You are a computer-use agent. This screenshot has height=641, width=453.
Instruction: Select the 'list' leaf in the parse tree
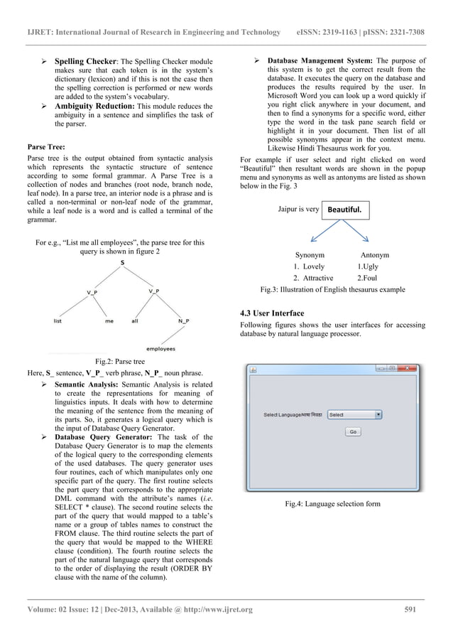(x=57, y=321)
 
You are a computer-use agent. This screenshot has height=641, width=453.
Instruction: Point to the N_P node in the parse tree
(x=183, y=321)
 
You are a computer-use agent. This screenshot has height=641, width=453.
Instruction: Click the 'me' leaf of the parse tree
(x=109, y=321)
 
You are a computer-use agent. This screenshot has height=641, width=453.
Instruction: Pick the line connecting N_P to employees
(x=173, y=335)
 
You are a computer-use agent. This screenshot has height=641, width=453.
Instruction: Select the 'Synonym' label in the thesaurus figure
(x=310, y=254)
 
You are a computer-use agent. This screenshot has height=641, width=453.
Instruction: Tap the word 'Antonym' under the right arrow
(x=374, y=254)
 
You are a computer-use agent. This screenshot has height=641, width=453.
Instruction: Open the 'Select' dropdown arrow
(x=378, y=414)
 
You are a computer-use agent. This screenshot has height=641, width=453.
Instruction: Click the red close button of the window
(x=413, y=368)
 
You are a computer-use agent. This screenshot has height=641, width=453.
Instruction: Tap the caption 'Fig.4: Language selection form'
(x=332, y=504)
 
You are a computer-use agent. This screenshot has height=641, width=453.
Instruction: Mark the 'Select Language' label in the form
(x=281, y=414)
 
